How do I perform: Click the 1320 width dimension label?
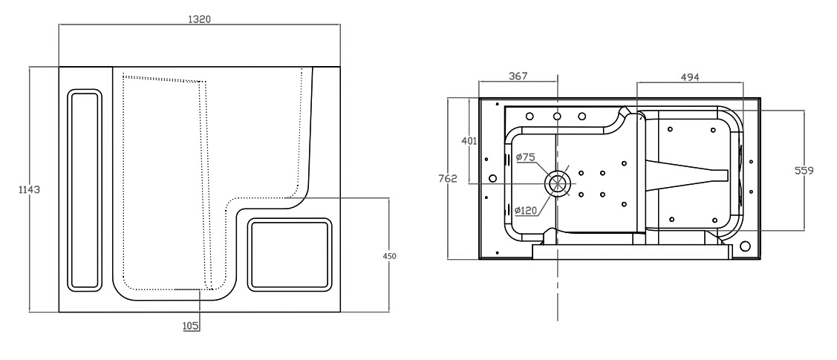(200, 19)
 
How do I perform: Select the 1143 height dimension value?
(30, 189)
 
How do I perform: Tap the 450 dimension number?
(390, 256)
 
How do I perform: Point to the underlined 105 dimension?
(191, 326)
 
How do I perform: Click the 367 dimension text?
(518, 76)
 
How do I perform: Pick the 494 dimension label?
(690, 77)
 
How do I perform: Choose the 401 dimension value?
(469, 141)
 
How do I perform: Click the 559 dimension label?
(804, 171)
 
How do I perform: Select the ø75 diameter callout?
(525, 157)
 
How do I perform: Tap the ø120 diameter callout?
(526, 211)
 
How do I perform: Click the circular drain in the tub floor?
(557, 183)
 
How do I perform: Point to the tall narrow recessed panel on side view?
(85, 190)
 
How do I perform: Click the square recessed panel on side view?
(290, 255)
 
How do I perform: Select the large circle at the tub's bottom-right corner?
(745, 246)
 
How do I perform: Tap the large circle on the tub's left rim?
(492, 178)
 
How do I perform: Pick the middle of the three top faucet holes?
(557, 117)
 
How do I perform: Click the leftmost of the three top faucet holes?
(530, 117)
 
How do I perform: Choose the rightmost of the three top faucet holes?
(582, 117)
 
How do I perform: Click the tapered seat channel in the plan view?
(686, 175)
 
